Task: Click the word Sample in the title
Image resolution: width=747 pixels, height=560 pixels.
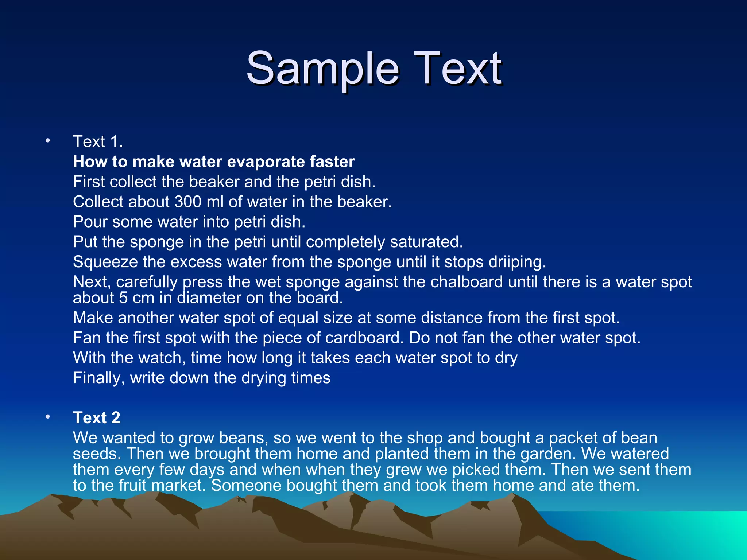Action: point(322,68)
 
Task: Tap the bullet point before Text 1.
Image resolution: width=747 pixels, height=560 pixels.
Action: point(47,141)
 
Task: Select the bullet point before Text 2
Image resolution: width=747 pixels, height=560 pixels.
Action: point(47,417)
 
